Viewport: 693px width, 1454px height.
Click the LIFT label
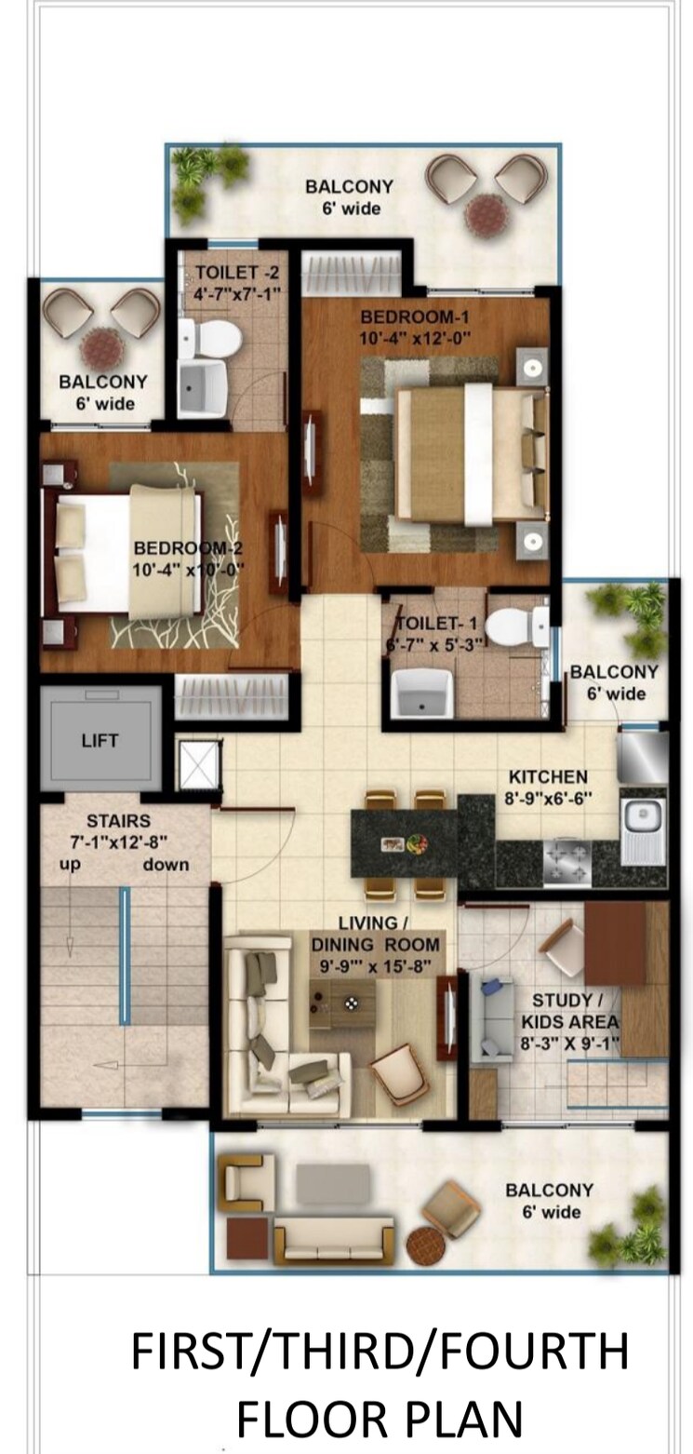point(100,741)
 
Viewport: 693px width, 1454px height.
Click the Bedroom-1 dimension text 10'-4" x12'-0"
point(414,338)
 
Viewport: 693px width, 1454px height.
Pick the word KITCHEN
point(548,776)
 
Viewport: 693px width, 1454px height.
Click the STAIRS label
point(118,821)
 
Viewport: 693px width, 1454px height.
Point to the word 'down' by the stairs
point(166,864)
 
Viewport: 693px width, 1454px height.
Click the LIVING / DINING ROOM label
point(375,944)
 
